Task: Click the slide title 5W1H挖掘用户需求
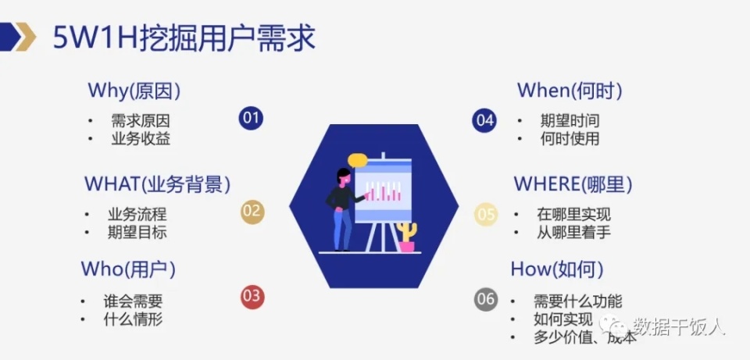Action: pos(184,37)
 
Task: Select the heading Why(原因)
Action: pos(134,91)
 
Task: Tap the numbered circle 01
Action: pos(251,119)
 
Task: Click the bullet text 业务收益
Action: pos(141,139)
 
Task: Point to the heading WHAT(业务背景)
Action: pos(157,184)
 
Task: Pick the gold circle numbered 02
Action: pos(252,212)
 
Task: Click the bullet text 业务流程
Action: pos(137,214)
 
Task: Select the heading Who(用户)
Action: pos(128,269)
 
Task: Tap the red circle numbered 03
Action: pos(252,297)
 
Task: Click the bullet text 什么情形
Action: pos(134,319)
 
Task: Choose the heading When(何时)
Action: pos(570,91)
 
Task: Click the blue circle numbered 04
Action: pos(484,120)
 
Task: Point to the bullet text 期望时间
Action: pos(570,121)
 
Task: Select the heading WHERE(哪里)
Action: pos(573,184)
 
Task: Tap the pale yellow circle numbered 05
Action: pos(486,214)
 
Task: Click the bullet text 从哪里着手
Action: pos(573,232)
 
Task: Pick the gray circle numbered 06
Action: pos(486,298)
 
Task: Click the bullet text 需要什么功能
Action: pos(577,301)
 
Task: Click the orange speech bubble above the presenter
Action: pos(358,160)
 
